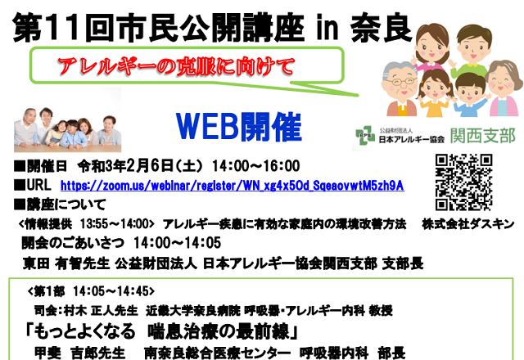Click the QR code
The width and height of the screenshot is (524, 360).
(x=464, y=182)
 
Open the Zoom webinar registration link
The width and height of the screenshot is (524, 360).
(x=233, y=186)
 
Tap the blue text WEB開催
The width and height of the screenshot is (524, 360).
(x=239, y=127)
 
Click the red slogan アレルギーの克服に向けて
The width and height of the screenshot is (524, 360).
(x=176, y=66)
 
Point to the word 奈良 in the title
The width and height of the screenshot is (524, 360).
(x=382, y=29)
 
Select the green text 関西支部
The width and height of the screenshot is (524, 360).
(x=482, y=137)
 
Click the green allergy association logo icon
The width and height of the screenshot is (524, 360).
(x=364, y=135)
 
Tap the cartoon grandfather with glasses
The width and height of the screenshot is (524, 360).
(x=400, y=89)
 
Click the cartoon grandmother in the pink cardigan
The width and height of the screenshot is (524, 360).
(x=504, y=88)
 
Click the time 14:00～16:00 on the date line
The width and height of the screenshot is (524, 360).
(x=255, y=166)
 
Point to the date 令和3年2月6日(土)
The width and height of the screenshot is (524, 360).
(x=140, y=166)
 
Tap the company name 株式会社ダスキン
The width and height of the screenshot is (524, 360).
(x=468, y=224)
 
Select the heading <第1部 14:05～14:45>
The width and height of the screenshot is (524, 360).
(x=91, y=291)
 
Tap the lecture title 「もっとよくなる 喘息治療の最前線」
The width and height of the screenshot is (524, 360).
(x=160, y=331)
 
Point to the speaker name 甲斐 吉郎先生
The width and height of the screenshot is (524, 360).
(x=80, y=353)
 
